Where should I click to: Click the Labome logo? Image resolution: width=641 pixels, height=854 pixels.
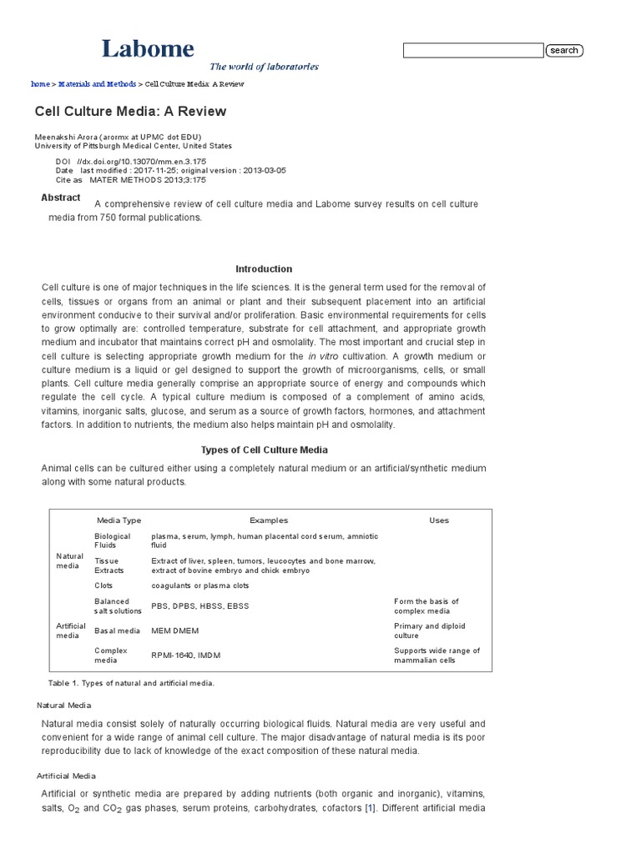pyautogui.click(x=148, y=48)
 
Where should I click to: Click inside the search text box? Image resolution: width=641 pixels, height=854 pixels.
pyautogui.click(x=472, y=51)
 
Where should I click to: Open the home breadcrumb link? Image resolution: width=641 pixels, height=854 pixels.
pyautogui.click(x=40, y=84)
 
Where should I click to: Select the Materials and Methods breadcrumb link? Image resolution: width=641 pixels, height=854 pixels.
pyautogui.click(x=97, y=84)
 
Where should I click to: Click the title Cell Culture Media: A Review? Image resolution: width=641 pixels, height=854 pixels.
pyautogui.click(x=130, y=111)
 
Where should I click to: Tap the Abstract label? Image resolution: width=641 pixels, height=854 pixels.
pyautogui.click(x=61, y=198)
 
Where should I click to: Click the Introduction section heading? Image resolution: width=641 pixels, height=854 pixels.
pyautogui.click(x=264, y=269)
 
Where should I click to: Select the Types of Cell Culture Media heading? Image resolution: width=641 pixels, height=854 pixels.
pyautogui.click(x=264, y=450)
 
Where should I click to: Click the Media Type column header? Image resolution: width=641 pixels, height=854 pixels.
pyautogui.click(x=119, y=520)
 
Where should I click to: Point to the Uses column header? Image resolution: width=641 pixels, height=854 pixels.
pyautogui.click(x=438, y=520)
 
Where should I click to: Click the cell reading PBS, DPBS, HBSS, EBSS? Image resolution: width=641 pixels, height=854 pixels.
pyautogui.click(x=199, y=605)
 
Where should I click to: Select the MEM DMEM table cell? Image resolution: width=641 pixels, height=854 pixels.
pyautogui.click(x=175, y=630)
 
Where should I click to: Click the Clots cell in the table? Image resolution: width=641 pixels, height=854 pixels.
pyautogui.click(x=104, y=585)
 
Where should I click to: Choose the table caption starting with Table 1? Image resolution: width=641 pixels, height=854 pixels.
pyautogui.click(x=131, y=683)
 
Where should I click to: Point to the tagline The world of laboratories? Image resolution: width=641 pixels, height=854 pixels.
pyautogui.click(x=264, y=67)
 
